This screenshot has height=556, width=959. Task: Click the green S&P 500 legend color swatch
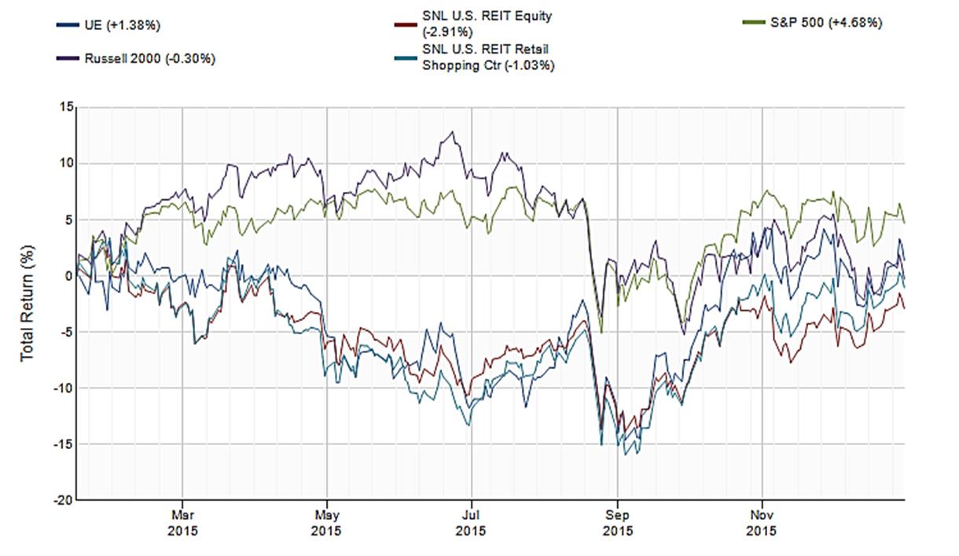[x=752, y=23]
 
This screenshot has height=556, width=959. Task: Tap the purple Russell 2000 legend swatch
[x=67, y=58]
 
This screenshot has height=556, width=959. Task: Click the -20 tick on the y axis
[x=62, y=500]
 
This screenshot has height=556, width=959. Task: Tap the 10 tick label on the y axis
[x=65, y=164]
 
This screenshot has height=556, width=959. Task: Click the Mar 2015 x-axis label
[x=182, y=522]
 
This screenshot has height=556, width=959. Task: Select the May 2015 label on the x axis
[x=327, y=522]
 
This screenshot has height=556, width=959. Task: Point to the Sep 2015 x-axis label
[x=617, y=522]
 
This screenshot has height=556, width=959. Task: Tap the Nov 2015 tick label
[x=762, y=522]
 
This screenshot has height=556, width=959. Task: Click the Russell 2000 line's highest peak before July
[x=452, y=132]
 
